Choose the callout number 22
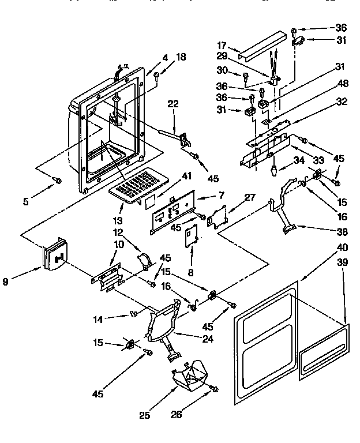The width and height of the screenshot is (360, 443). [x=173, y=104]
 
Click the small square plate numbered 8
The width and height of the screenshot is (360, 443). [x=190, y=236]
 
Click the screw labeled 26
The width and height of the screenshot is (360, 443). [x=215, y=389]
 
